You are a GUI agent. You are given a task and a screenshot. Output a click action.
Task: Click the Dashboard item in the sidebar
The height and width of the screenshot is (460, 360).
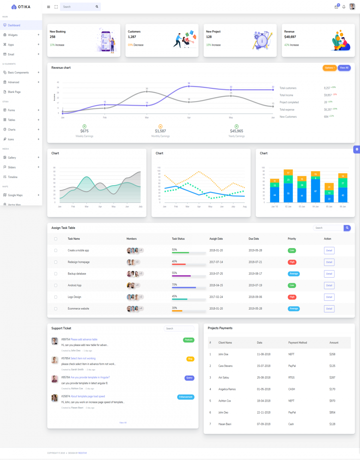[x=14, y=25]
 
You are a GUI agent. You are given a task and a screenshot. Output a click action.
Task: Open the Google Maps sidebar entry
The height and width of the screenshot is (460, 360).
[x=15, y=195]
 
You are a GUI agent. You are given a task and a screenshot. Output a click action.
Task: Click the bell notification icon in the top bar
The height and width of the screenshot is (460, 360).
[x=344, y=7]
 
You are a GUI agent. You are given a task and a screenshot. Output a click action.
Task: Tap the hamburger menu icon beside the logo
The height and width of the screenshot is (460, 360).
[x=48, y=7]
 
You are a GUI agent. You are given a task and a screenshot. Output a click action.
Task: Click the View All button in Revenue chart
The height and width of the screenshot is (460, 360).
[x=344, y=68]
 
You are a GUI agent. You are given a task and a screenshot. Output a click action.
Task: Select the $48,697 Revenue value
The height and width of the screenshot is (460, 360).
[x=290, y=37]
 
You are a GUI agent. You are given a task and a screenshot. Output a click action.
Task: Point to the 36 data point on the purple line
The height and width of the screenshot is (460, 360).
[x=189, y=86]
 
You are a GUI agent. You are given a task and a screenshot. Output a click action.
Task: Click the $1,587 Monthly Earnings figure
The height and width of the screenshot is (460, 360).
[x=160, y=131]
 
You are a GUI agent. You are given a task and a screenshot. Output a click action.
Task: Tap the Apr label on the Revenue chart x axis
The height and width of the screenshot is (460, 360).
[x=189, y=118]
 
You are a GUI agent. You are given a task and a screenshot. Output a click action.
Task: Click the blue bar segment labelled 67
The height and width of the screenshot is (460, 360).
[x=316, y=191]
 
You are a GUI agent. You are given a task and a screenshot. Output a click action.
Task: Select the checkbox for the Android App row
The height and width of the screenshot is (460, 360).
[x=56, y=285]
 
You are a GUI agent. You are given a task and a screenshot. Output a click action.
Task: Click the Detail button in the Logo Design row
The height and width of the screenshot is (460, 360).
[x=329, y=297]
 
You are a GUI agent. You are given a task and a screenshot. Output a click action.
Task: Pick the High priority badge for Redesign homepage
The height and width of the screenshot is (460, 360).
[x=292, y=262]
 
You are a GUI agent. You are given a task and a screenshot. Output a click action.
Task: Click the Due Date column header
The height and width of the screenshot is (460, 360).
[x=254, y=239]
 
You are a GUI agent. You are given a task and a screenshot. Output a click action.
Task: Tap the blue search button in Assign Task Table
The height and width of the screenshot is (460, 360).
[x=348, y=228]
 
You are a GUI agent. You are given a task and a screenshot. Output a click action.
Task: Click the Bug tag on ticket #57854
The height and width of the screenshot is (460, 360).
[x=190, y=359]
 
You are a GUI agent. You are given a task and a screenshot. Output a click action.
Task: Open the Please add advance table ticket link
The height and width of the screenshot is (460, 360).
[x=84, y=340]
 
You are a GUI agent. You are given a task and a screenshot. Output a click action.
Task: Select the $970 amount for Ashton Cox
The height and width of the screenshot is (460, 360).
[x=332, y=401]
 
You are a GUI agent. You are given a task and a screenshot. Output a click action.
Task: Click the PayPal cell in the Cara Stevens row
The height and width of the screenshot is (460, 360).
[x=292, y=366]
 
